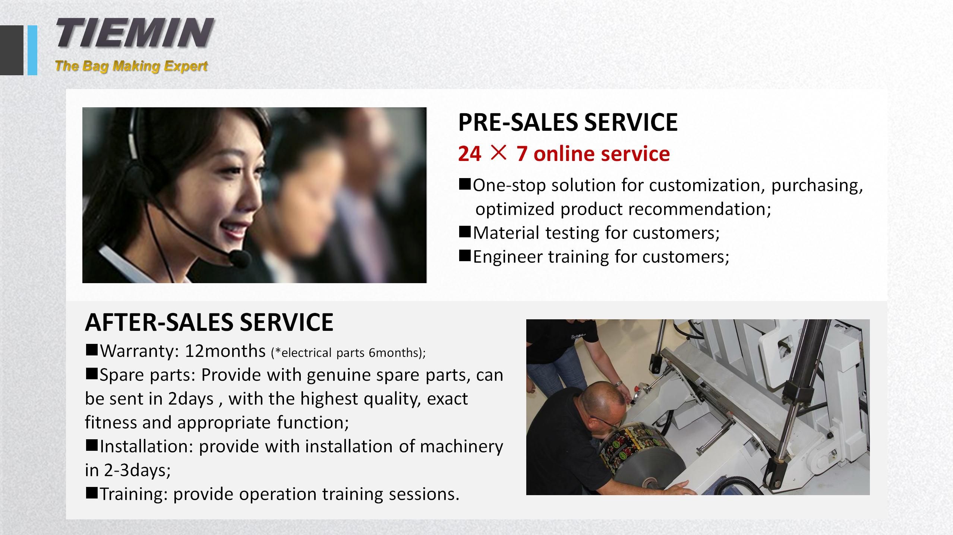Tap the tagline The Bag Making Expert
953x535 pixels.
pos(131,66)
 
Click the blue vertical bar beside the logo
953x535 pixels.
pos(32,50)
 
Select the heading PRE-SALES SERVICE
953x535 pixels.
pos(568,122)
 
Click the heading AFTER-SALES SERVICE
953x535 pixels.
pos(209,322)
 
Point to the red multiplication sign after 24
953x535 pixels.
pos(498,153)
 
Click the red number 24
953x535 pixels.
pos(470,153)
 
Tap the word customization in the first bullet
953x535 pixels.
pos(704,186)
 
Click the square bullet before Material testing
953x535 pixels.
pos(465,232)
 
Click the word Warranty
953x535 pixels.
pos(140,351)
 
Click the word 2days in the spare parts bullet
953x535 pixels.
pos(190,399)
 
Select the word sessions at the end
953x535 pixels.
pos(424,494)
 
